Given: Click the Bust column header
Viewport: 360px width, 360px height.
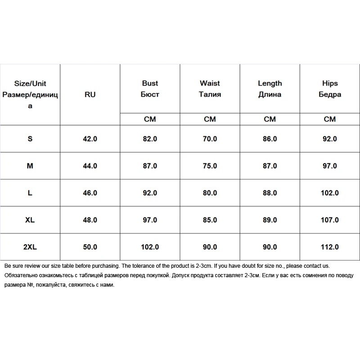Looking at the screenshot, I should [150, 89].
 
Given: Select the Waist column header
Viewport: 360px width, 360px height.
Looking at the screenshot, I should [210, 89].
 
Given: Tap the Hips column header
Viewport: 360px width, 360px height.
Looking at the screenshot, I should [330, 89].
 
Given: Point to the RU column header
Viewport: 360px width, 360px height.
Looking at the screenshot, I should [90, 94].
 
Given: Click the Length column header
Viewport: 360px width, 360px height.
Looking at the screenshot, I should [270, 89].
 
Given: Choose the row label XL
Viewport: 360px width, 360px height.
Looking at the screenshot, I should [30, 220].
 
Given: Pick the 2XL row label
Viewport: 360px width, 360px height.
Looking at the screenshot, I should [30, 247].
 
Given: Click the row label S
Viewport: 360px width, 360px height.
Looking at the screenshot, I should [30, 139].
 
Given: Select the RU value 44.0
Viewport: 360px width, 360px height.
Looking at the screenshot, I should [90, 166].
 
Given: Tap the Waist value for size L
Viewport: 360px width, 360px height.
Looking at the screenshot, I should [210, 193].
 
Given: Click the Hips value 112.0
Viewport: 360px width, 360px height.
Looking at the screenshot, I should [330, 247].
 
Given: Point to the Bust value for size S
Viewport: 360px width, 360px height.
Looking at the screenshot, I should [150, 139].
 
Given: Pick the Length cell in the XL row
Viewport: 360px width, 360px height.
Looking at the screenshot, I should [270, 220].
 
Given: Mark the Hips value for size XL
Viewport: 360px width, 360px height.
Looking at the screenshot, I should [330, 220].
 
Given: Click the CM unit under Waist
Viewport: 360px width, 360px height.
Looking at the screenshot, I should [210, 119].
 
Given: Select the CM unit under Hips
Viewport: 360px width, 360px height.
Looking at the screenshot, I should [330, 119].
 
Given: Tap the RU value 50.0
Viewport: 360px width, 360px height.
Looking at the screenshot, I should [90, 247].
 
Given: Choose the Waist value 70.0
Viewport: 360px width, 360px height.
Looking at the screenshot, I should [210, 139].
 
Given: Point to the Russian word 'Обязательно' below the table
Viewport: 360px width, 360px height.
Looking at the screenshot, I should [21, 275].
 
